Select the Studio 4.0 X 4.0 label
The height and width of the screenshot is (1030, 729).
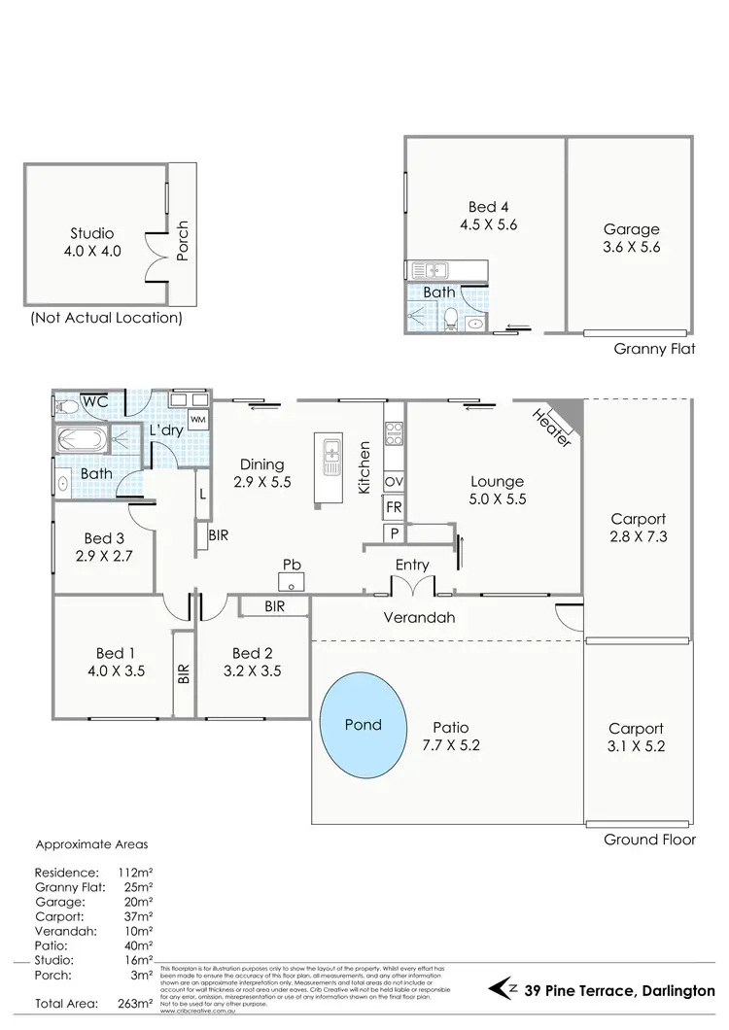[x=92, y=242]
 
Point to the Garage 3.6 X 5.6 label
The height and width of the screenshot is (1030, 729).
[x=631, y=238]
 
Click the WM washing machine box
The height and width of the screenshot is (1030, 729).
[x=197, y=419]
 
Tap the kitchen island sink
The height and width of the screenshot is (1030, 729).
[x=330, y=457]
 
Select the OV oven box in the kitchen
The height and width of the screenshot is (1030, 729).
[x=394, y=482]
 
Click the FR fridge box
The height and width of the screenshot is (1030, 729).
[x=394, y=508]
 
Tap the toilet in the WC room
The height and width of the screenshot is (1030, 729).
[x=66, y=406]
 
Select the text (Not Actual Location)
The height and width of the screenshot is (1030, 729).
[x=106, y=318]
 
